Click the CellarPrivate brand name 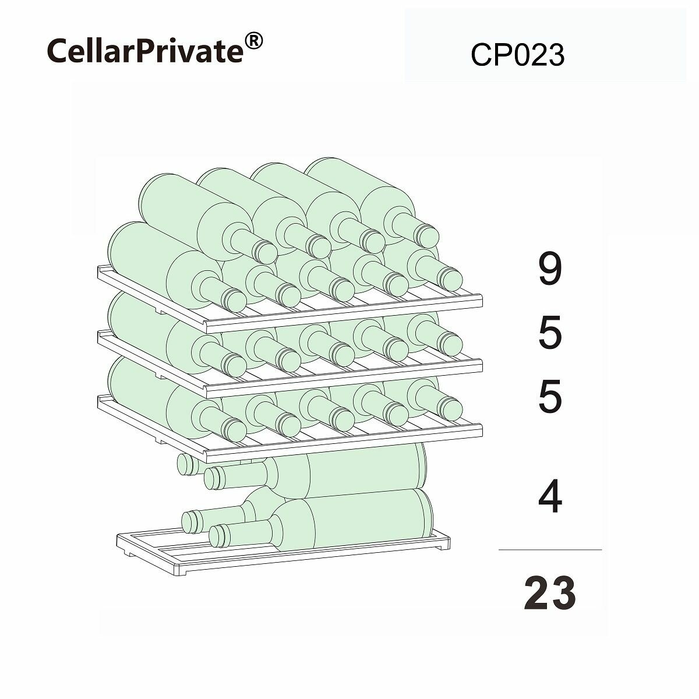click(x=144, y=51)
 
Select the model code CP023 click(x=517, y=56)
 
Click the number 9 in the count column click(x=549, y=270)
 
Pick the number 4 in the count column click(x=549, y=498)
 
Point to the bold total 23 click(x=549, y=594)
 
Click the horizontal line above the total click(x=549, y=549)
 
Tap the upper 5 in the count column click(x=549, y=333)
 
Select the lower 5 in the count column click(x=549, y=397)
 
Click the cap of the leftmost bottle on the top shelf click(x=235, y=300)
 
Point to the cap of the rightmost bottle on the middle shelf click(x=450, y=344)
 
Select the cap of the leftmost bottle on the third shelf click(x=235, y=430)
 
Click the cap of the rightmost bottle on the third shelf click(x=450, y=408)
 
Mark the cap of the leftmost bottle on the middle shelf click(x=235, y=365)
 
